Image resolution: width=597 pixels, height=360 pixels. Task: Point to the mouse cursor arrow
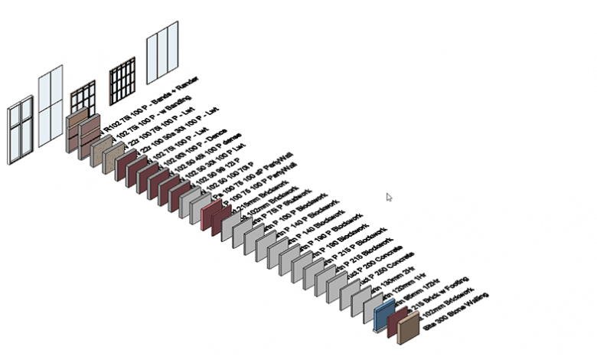coord(389,198)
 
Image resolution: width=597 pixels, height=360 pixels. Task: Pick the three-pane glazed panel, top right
coord(162,51)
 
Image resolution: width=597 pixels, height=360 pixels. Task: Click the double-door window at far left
coord(20,130)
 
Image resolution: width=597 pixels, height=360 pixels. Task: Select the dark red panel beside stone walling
coord(396,321)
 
